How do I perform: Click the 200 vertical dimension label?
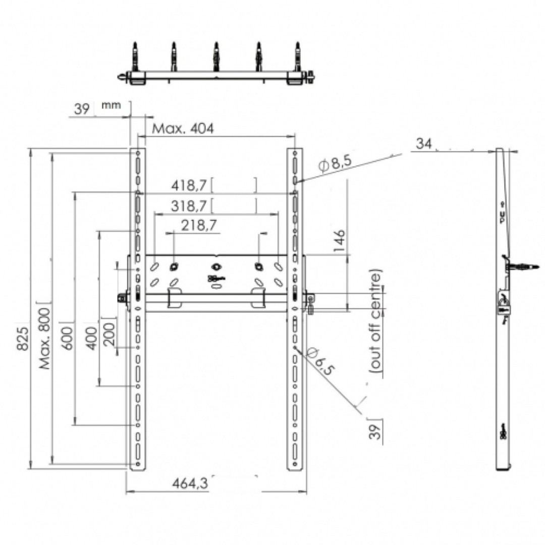point(109,334)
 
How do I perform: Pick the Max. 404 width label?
point(183,129)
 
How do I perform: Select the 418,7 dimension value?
point(189,185)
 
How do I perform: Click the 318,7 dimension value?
point(189,206)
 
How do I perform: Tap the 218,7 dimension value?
point(199,225)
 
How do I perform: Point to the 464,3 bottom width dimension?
point(190,483)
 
